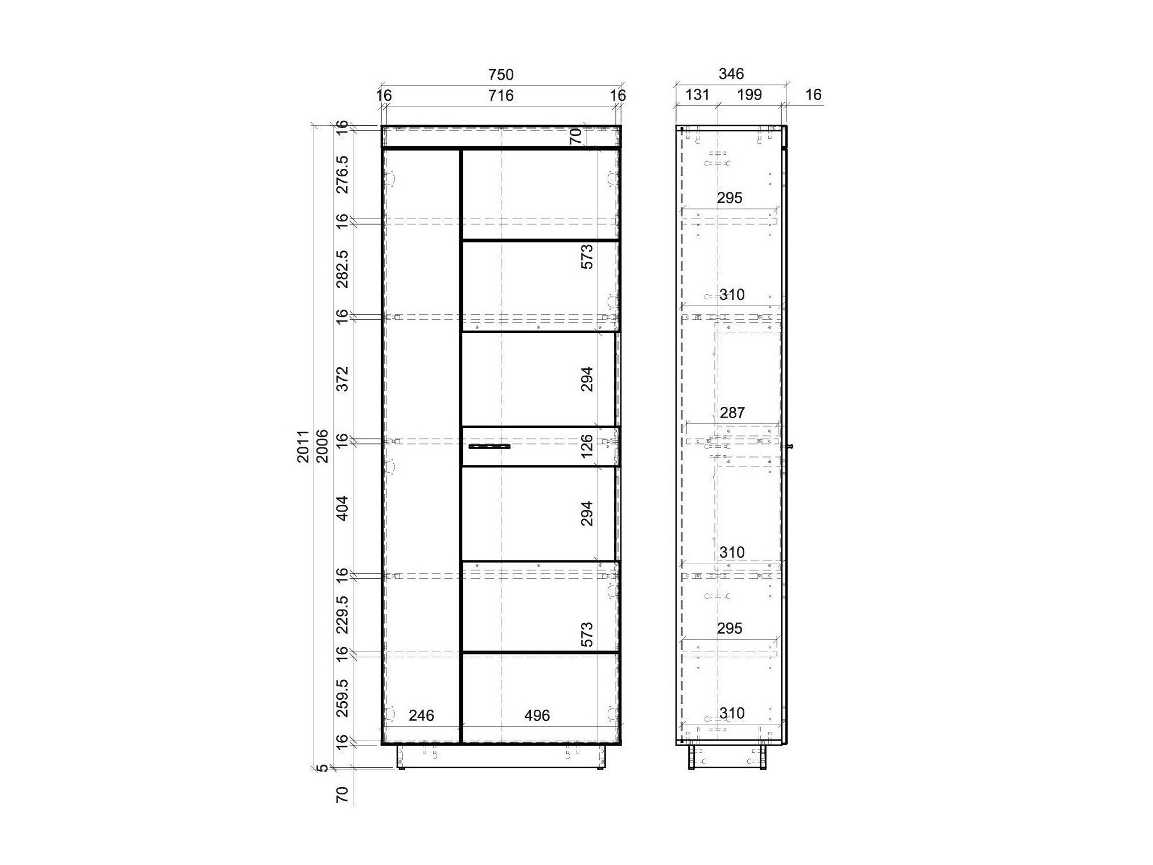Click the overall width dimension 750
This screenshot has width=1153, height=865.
click(501, 75)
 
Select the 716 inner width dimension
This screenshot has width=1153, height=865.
click(501, 95)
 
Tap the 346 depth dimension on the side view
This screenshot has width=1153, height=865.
click(731, 74)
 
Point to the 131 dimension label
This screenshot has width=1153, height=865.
click(697, 94)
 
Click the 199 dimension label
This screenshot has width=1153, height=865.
click(749, 94)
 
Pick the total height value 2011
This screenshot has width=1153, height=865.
click(303, 446)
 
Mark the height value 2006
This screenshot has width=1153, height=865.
click(322, 446)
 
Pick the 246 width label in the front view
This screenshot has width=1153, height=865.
click(421, 715)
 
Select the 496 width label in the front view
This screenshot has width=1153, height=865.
click(537, 715)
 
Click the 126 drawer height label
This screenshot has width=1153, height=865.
click(587, 446)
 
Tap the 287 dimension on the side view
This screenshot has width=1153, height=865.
click(732, 413)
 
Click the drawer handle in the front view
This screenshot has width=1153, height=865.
click(489, 447)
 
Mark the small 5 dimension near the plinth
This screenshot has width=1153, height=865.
click(323, 768)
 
